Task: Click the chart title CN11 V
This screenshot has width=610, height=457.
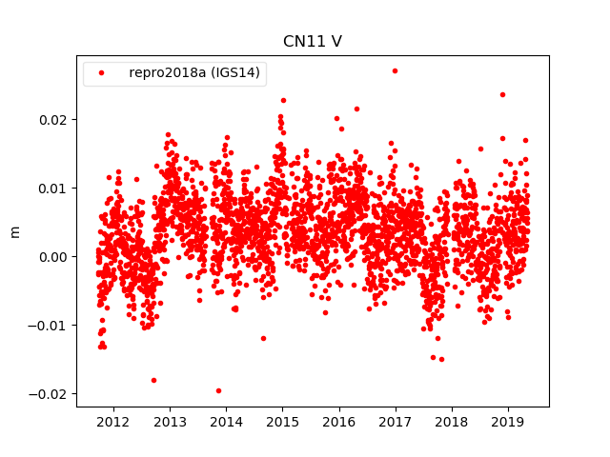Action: [x=312, y=41]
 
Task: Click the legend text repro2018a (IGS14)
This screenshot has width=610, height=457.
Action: [x=195, y=73]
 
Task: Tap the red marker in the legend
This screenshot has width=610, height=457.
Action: [x=103, y=73]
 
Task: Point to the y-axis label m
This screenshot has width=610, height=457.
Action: [x=14, y=231]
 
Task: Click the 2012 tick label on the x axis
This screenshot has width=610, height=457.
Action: [x=113, y=421]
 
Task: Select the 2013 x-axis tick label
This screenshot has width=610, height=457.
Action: [x=170, y=421]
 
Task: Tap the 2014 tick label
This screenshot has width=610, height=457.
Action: [x=226, y=421]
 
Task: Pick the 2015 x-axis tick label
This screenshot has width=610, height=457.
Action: [x=282, y=421]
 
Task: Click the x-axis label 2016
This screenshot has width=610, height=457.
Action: [x=339, y=421]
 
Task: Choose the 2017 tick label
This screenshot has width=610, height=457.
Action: [x=396, y=421]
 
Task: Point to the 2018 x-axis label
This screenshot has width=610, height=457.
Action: [x=452, y=421]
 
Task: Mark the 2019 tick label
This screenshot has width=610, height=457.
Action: [x=508, y=421]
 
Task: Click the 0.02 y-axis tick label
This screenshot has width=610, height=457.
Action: [x=53, y=119]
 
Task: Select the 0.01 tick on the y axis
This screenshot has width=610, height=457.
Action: [x=53, y=188]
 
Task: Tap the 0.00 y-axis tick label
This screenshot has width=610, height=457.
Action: [x=53, y=256]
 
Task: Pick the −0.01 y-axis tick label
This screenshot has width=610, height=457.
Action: [x=50, y=325]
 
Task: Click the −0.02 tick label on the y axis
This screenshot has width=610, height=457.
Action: [x=50, y=393]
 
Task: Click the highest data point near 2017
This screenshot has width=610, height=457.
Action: [x=395, y=70]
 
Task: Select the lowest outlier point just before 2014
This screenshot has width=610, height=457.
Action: [x=218, y=390]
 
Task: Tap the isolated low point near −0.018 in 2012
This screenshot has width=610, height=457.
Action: [x=153, y=380]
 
